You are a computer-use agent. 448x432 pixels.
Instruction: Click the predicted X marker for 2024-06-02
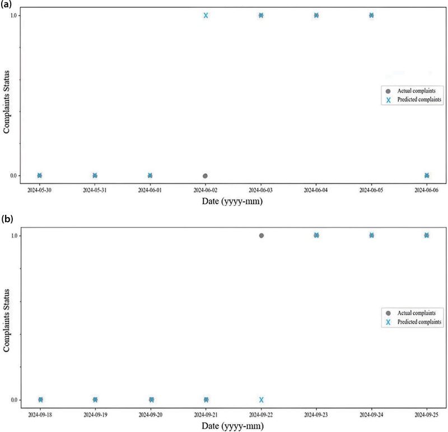(206, 15)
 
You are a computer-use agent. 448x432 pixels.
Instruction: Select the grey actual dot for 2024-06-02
(206, 176)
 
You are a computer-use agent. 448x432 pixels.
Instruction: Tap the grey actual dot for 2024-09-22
(261, 236)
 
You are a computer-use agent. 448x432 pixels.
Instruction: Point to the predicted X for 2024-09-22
(261, 399)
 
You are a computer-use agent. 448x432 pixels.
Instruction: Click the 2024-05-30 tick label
(39, 190)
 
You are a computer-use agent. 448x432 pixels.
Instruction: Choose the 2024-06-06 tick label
(427, 190)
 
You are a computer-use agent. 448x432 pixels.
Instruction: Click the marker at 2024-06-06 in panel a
(427, 176)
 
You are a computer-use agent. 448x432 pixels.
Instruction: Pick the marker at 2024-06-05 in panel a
(371, 15)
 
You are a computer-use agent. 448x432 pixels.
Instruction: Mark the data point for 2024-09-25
(427, 236)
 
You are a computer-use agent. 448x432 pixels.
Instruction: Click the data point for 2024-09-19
(95, 399)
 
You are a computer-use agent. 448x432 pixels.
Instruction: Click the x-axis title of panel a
(232, 201)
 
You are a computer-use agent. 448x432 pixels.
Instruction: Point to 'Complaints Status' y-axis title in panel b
(7, 318)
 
